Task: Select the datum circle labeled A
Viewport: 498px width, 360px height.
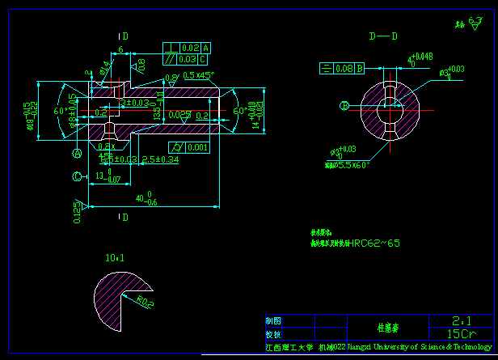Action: (x=78, y=153)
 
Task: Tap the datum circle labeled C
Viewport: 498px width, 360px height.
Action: (x=78, y=176)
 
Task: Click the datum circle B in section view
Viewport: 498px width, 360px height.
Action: (x=344, y=106)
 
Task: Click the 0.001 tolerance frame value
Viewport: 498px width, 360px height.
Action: (x=196, y=147)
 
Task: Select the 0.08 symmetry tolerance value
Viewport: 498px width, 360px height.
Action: (x=343, y=68)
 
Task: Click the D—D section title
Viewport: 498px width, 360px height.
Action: (x=383, y=36)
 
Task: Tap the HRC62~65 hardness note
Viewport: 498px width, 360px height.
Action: (x=375, y=243)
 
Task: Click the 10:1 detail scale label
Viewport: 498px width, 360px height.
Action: (x=115, y=258)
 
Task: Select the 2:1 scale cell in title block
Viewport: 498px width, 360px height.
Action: (x=462, y=320)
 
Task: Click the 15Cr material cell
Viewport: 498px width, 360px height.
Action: (x=462, y=333)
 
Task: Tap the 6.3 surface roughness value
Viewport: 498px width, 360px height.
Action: (x=475, y=22)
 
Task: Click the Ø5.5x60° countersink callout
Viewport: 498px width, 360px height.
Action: (x=349, y=164)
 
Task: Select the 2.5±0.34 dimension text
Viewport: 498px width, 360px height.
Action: (x=160, y=159)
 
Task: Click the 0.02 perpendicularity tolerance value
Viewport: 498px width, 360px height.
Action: (x=190, y=48)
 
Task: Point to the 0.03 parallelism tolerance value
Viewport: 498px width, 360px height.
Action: (x=187, y=59)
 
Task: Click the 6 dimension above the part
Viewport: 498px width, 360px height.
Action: (x=120, y=50)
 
